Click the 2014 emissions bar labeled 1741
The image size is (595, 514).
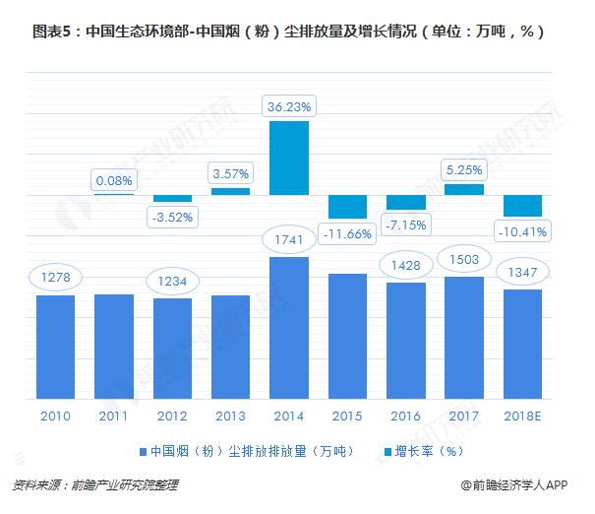(289, 328)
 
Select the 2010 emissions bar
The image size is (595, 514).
(56, 347)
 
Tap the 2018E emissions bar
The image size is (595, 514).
(522, 344)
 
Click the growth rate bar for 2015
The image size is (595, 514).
(347, 206)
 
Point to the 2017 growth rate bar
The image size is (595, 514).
(464, 189)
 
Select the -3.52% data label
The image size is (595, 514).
(172, 216)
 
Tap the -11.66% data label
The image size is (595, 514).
(347, 233)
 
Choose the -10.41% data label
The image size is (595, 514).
(521, 231)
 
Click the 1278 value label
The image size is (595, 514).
(55, 277)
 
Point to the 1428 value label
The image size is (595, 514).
(405, 266)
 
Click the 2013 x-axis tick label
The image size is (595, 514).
(230, 415)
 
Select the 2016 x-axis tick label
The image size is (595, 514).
(405, 415)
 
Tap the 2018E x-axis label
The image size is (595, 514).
(522, 415)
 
